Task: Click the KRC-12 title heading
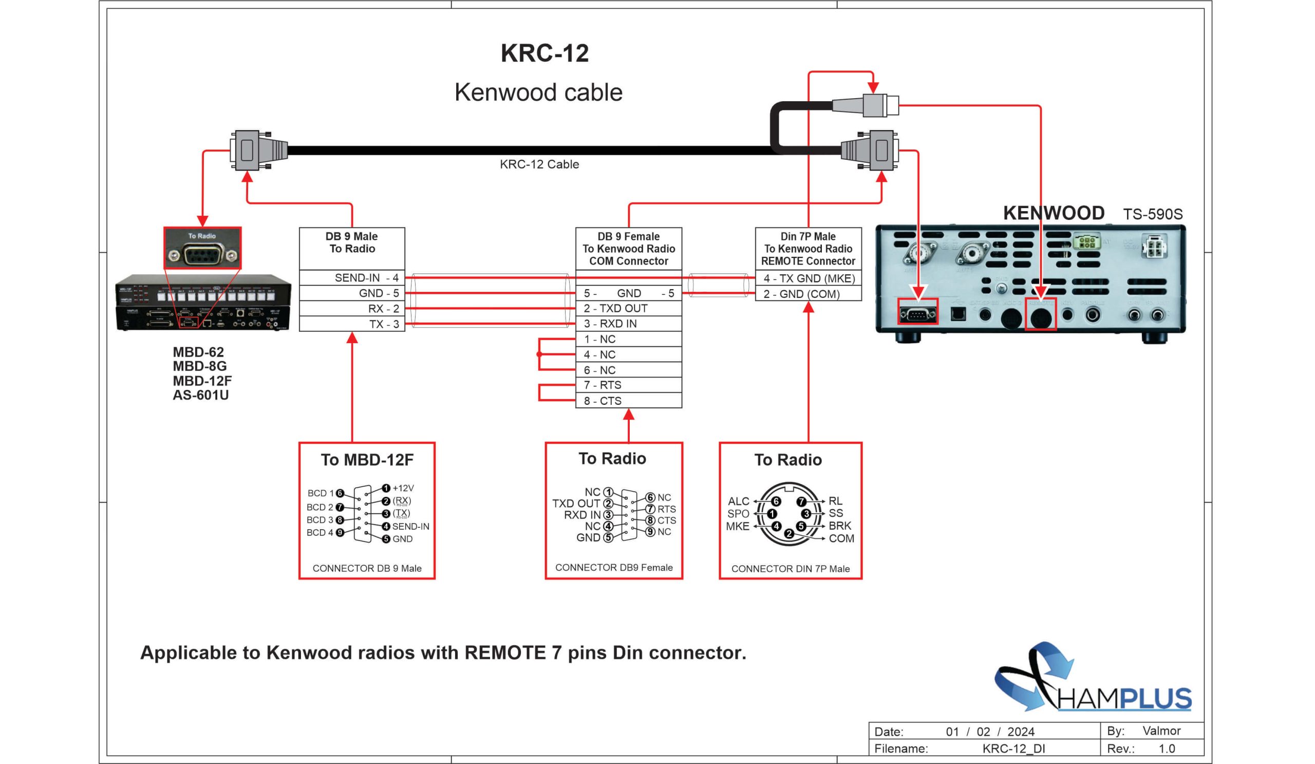pyautogui.click(x=544, y=53)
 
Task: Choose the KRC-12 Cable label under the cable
pyautogui.click(x=539, y=164)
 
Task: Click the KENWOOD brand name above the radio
pyautogui.click(x=1053, y=213)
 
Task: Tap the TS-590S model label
pyautogui.click(x=1152, y=214)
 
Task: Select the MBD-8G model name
pyautogui.click(x=199, y=366)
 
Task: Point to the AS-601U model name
pyautogui.click(x=200, y=395)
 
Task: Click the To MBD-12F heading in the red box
pyautogui.click(x=367, y=460)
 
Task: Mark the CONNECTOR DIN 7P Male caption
pyautogui.click(x=790, y=569)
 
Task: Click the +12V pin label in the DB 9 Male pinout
pyautogui.click(x=403, y=488)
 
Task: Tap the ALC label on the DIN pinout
pyautogui.click(x=738, y=501)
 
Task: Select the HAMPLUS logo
pyautogui.click(x=1093, y=678)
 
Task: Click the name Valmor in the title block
pyautogui.click(x=1161, y=731)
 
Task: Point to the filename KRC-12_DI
pyautogui.click(x=1013, y=749)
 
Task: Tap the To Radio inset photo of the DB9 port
pyautogui.click(x=202, y=248)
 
